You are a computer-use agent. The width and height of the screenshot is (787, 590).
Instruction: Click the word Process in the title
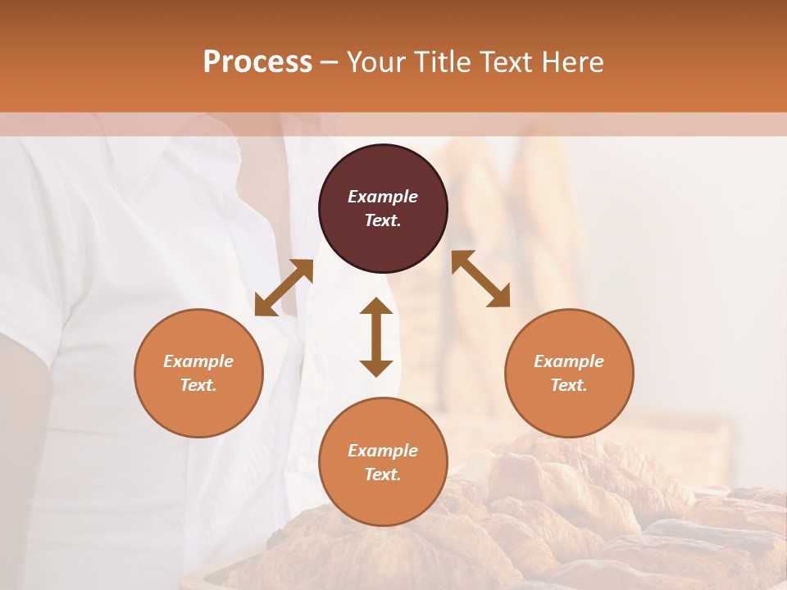[257, 62]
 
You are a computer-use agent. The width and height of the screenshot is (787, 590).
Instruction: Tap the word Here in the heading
[571, 62]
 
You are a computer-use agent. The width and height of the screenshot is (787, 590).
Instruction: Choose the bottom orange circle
[383, 500]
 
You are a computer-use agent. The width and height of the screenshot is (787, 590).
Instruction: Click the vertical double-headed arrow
[376, 337]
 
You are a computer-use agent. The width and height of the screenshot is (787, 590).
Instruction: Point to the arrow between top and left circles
[284, 288]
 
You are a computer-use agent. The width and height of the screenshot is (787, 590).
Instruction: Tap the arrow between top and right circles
[481, 279]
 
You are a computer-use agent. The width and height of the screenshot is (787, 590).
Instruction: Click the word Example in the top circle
[383, 197]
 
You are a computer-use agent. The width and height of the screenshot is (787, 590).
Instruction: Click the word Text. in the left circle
[198, 385]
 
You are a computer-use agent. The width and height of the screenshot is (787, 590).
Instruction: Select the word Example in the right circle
[569, 361]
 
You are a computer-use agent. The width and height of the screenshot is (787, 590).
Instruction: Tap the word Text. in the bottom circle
[383, 474]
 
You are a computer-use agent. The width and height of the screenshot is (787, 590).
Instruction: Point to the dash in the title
[330, 62]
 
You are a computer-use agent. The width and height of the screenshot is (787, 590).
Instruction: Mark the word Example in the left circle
[198, 361]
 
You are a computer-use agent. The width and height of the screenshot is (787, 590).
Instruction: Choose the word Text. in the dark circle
[383, 220]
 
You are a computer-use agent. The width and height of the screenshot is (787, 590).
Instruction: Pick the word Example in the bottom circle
[383, 451]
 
